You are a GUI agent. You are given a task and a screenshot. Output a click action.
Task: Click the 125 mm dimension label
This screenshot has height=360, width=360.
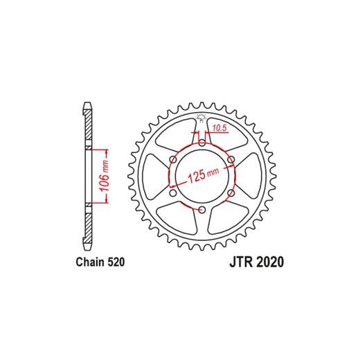pyautogui.click(x=204, y=175)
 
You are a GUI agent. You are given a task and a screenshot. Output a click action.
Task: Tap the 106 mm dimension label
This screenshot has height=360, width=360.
pyautogui.click(x=105, y=176)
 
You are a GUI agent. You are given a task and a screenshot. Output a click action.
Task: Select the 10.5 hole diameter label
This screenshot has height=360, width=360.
pyautogui.click(x=220, y=128)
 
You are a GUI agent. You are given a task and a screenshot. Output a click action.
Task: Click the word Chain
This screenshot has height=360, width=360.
pyautogui.click(x=90, y=262)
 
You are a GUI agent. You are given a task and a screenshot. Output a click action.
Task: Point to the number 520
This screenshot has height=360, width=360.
pyautogui.click(x=116, y=262)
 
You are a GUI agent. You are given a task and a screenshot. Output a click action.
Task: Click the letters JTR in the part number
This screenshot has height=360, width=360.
pyautogui.click(x=242, y=262)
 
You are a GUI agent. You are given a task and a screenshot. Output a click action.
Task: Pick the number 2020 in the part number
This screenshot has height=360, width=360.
pyautogui.click(x=270, y=262)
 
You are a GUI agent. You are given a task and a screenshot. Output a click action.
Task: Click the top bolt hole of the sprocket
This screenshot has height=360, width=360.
pyautogui.click(x=202, y=143)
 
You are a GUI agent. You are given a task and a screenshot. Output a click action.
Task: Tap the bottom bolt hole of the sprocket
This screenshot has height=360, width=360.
pyautogui.click(x=202, y=210)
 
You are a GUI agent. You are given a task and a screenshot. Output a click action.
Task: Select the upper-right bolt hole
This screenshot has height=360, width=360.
pyautogui.click(x=231, y=159)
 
